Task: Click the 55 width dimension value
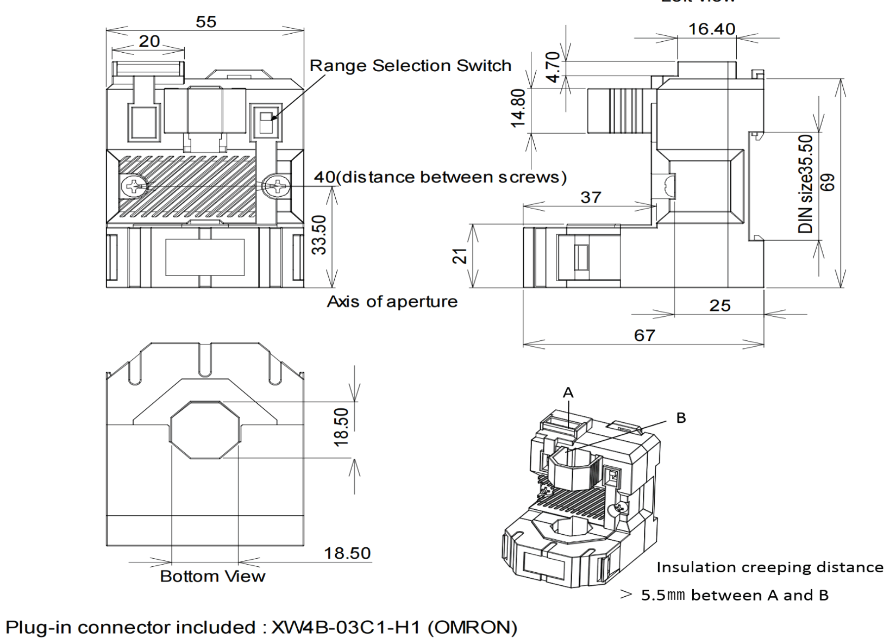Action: pyautogui.click(x=206, y=22)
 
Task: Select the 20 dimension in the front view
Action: pyautogui.click(x=149, y=41)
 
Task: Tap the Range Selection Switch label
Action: pyautogui.click(x=410, y=66)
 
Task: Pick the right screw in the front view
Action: pyautogui.click(x=276, y=187)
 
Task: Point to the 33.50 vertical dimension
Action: pyautogui.click(x=319, y=235)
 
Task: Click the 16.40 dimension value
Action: pyautogui.click(x=712, y=29)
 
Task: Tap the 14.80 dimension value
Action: pyautogui.click(x=519, y=108)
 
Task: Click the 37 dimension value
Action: pyautogui.click(x=591, y=197)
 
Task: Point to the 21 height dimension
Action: pyautogui.click(x=460, y=255)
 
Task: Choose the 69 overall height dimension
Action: pyautogui.click(x=828, y=182)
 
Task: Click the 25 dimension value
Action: pyautogui.click(x=719, y=305)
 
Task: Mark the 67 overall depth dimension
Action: pyautogui.click(x=644, y=335)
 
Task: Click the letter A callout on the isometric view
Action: pyautogui.click(x=568, y=392)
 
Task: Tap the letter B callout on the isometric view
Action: pyautogui.click(x=681, y=418)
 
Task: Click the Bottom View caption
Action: pyautogui.click(x=212, y=576)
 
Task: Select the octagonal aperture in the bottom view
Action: pyautogui.click(x=205, y=430)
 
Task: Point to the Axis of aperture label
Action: pyautogui.click(x=392, y=302)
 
